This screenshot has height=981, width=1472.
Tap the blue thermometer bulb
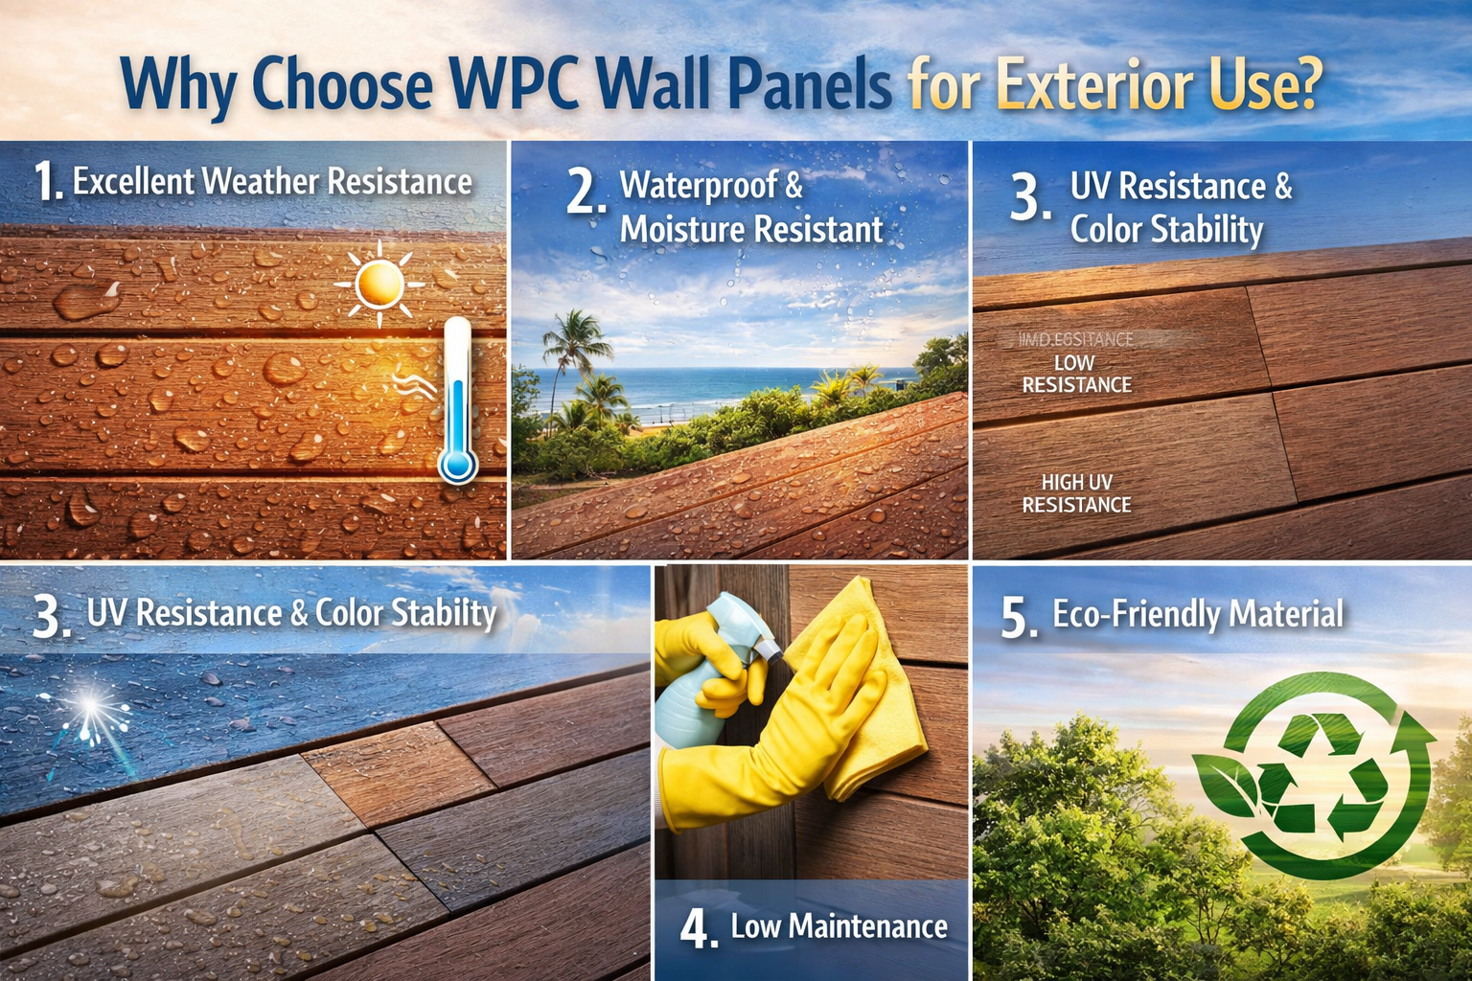coord(457,466)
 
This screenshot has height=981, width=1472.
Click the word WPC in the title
coord(516,84)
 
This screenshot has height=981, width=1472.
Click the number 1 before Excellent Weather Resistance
coord(45,181)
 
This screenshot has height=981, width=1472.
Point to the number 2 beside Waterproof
coord(585,192)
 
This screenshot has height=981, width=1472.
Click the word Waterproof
coord(699,185)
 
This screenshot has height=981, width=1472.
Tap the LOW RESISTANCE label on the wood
coord(1076,374)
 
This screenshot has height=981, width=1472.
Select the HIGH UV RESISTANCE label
coord(1076,493)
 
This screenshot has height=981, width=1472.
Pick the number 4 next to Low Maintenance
coord(698,927)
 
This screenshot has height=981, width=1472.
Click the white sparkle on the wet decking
coord(90,710)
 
